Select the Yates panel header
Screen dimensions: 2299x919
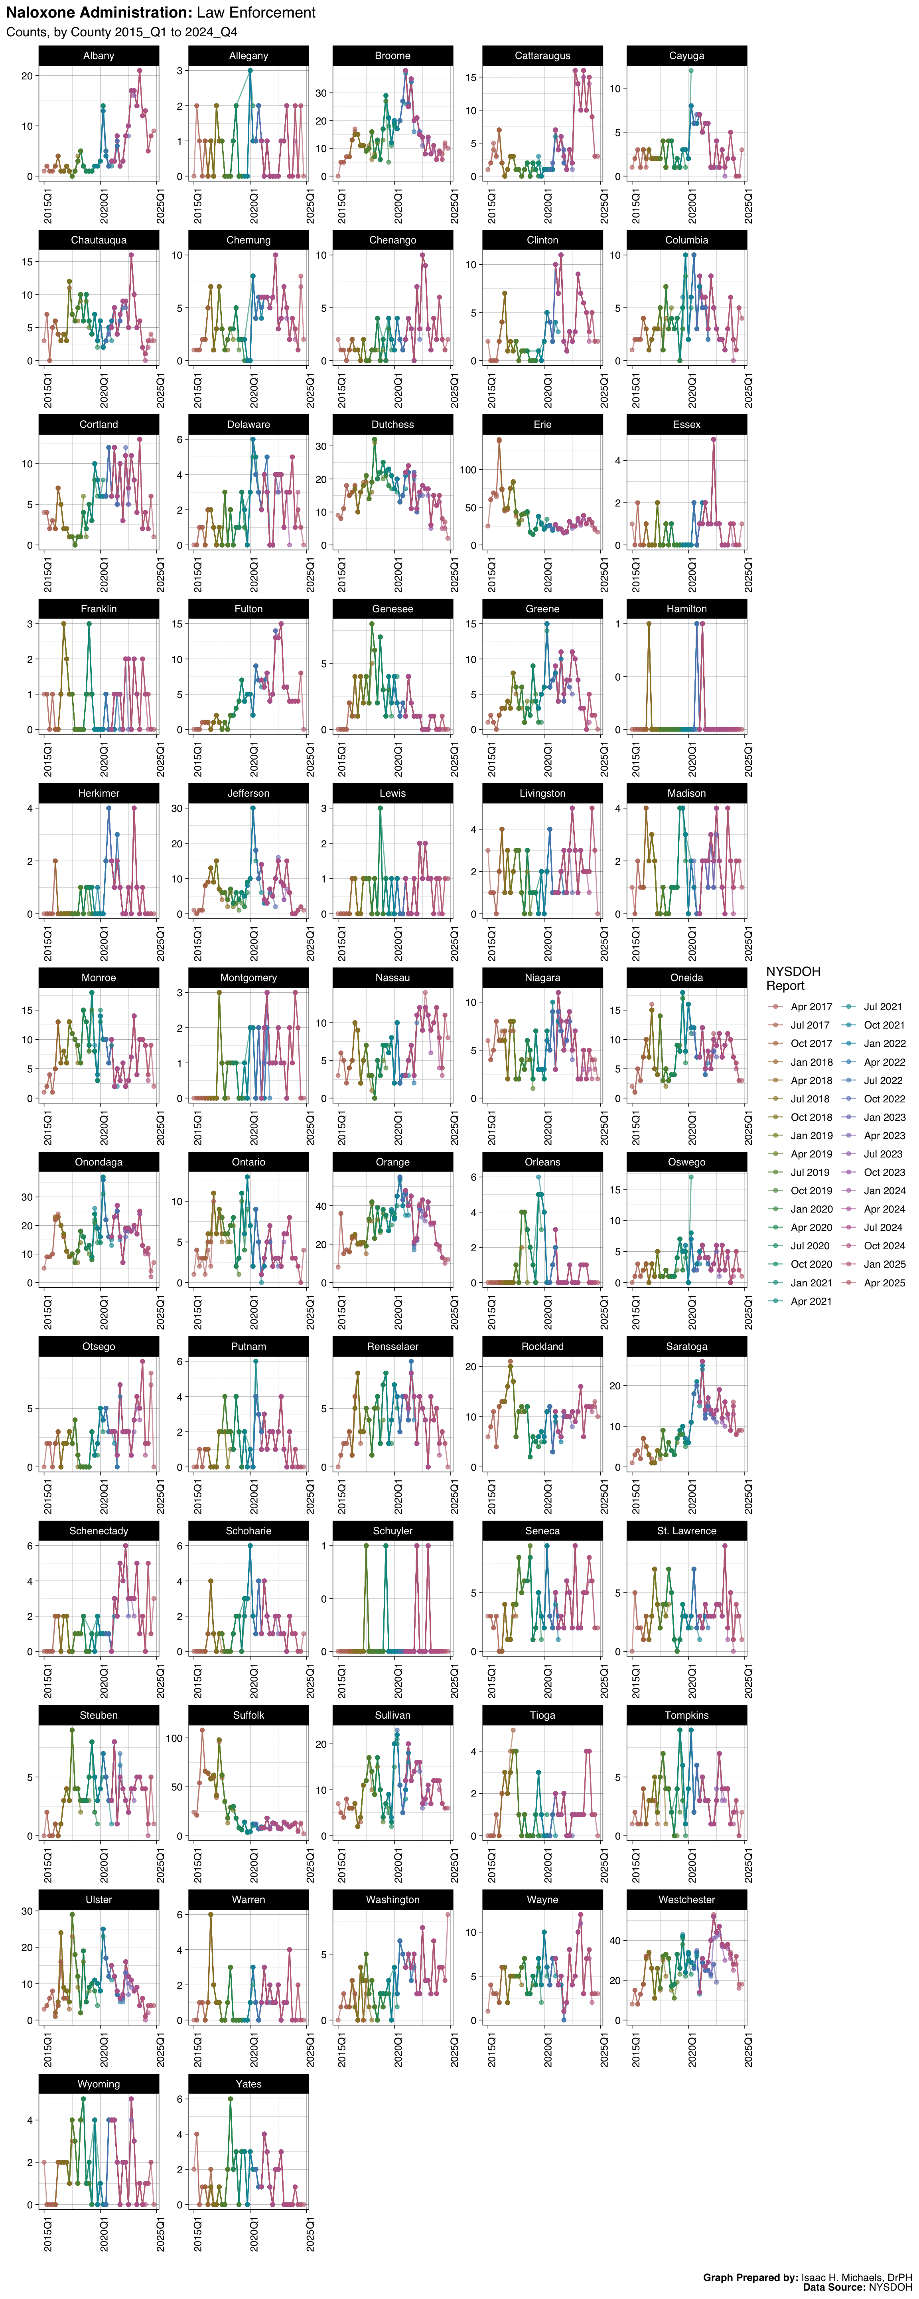pos(248,2084)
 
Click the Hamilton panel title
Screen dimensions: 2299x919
pos(686,609)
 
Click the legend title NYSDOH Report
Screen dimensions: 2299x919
pos(792,978)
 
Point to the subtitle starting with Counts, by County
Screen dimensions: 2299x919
pos(121,32)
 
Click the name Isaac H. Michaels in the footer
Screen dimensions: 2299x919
pos(843,2277)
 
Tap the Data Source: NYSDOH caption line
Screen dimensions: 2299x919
pos(856,2288)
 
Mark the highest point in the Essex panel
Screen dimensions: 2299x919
pos(714,439)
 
